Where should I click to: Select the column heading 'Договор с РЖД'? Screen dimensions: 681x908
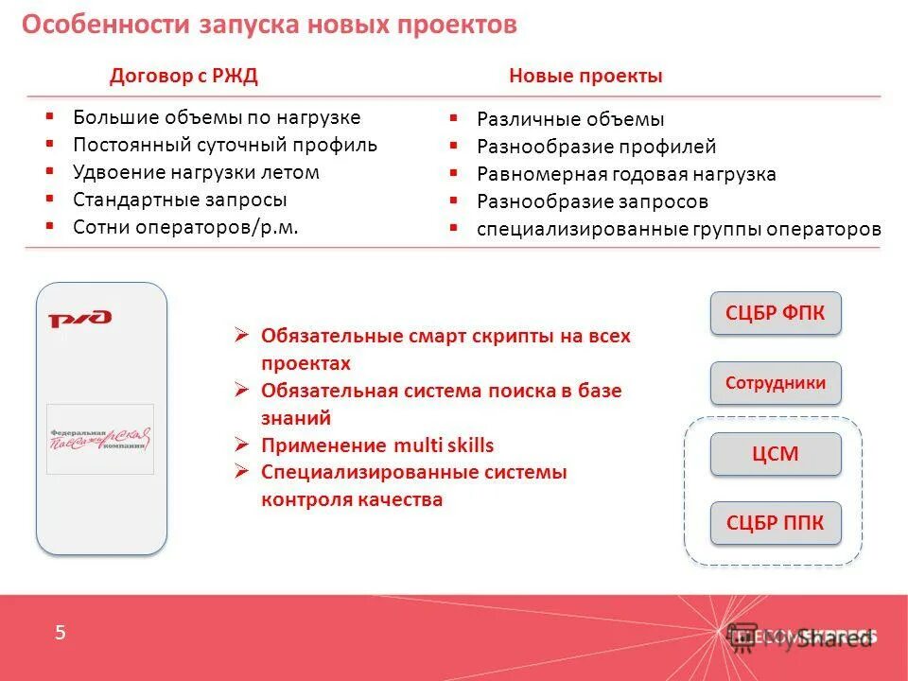[x=183, y=77]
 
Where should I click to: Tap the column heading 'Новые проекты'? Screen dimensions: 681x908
[x=585, y=77]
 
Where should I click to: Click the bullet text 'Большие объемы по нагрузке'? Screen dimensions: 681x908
[x=217, y=117]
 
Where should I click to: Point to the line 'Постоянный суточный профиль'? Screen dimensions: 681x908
[x=225, y=145]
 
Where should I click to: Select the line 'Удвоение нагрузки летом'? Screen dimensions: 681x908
[x=196, y=172]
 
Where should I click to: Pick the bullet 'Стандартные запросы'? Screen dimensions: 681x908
[x=180, y=200]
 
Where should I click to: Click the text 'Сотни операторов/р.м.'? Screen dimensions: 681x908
[x=185, y=227]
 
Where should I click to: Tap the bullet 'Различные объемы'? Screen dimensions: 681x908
[x=570, y=119]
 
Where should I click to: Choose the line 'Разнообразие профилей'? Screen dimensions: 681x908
[x=596, y=147]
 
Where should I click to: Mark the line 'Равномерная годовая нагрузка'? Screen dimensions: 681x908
[x=626, y=174]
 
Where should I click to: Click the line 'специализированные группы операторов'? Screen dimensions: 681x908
[x=678, y=229]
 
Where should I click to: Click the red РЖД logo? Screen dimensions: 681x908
[x=80, y=320]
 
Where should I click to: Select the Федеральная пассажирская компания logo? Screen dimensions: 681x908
[x=100, y=438]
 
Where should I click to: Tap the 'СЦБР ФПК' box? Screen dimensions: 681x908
[x=776, y=313]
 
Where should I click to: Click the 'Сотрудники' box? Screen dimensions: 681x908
[x=776, y=383]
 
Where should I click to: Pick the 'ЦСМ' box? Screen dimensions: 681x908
[x=776, y=454]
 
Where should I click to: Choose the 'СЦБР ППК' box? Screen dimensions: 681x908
[x=776, y=523]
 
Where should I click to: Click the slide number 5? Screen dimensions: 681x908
[x=61, y=634]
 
